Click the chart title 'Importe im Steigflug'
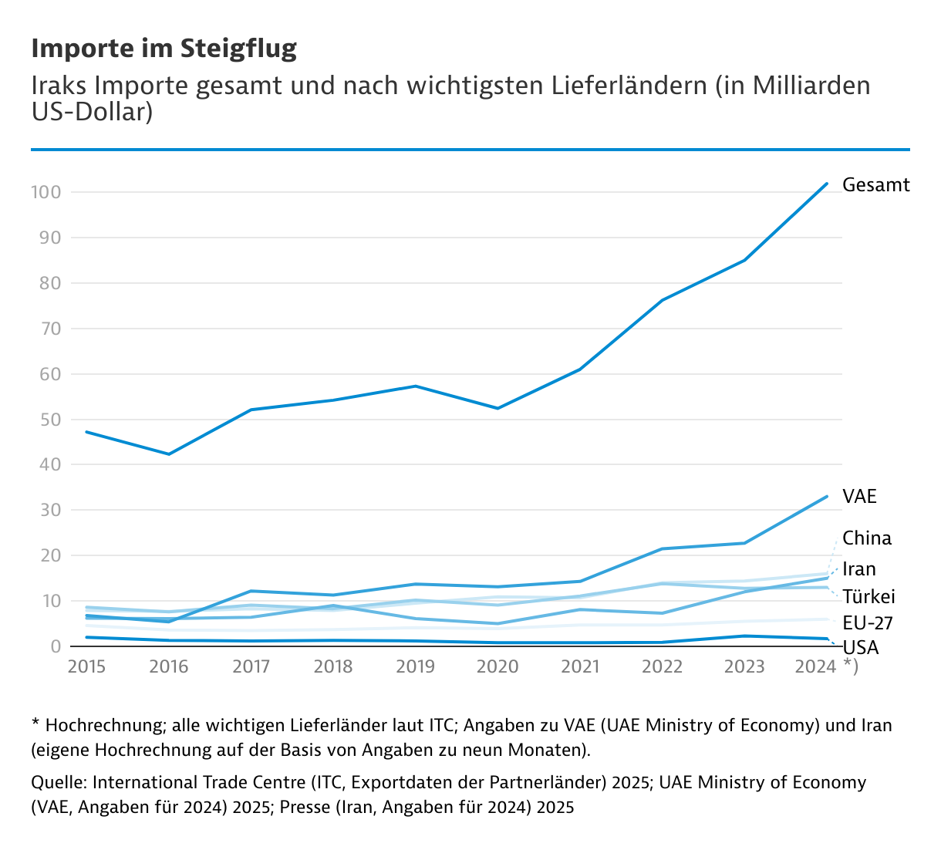(164, 49)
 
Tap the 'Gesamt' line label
(875, 185)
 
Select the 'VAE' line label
(859, 496)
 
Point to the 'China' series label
(866, 538)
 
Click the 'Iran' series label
(858, 569)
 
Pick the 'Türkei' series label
(868, 596)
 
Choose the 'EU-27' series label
(868, 622)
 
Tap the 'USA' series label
(860, 647)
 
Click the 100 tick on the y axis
(46, 192)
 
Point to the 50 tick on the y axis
(50, 420)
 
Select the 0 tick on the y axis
(56, 646)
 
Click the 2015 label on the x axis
(86, 666)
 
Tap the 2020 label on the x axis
(497, 666)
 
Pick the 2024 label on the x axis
(815, 666)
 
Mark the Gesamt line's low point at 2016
(169, 454)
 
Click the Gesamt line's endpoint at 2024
(827, 184)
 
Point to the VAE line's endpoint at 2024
(827, 496)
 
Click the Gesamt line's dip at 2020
(497, 408)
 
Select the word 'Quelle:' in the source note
(59, 782)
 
